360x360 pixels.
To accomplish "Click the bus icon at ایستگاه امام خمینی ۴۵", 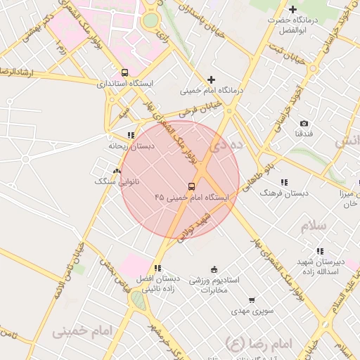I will pyautogui.click(x=191, y=186).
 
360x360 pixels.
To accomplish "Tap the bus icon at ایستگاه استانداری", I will pyautogui.click(x=124, y=72).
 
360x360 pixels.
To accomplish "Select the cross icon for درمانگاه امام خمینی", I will pyautogui.click(x=211, y=79).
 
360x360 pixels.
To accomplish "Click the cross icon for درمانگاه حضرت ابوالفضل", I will pyautogui.click(x=292, y=9).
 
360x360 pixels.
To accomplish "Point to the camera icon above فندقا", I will pyautogui.click(x=304, y=123).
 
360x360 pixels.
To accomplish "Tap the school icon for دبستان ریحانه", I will pyautogui.click(x=130, y=135).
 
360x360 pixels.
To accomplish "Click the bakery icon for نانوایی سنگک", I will pyautogui.click(x=117, y=171).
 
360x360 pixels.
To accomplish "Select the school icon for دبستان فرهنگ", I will pyautogui.click(x=284, y=181).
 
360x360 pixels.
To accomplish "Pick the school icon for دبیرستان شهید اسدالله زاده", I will pyautogui.click(x=320, y=250).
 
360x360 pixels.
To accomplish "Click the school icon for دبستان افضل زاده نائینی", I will pyautogui.click(x=157, y=267).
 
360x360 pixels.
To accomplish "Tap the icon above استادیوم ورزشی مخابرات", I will pyautogui.click(x=214, y=269).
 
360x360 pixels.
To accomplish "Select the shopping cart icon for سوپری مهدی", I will pyautogui.click(x=251, y=300).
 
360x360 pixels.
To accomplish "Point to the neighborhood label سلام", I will pyautogui.click(x=314, y=226).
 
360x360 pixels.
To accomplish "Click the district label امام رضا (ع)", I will pyautogui.click(x=254, y=342).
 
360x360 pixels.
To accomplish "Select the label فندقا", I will pyautogui.click(x=304, y=133).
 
